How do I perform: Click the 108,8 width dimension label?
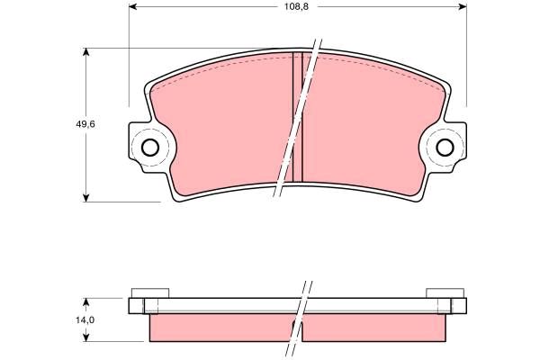(x=296, y=6)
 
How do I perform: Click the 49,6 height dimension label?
(x=85, y=124)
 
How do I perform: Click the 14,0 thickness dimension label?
(x=85, y=320)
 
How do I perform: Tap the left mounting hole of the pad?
(x=150, y=148)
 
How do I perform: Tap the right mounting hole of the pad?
(x=445, y=148)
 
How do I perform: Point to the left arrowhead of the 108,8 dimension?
(x=133, y=6)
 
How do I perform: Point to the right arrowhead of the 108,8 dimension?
(x=463, y=6)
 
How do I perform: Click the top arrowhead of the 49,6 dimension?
(x=86, y=52)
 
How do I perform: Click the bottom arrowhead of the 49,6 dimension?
(x=86, y=198)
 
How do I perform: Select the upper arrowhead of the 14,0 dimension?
(x=86, y=302)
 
